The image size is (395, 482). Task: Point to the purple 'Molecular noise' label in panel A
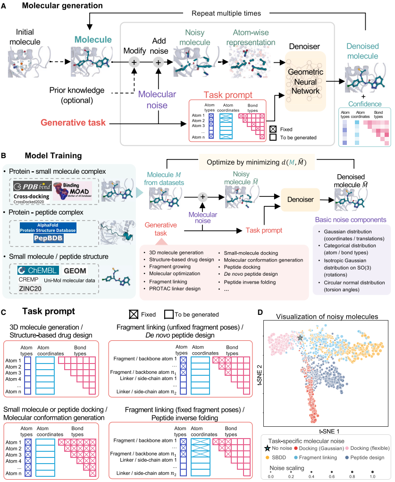click(x=157, y=99)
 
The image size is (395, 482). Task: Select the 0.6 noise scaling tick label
click(x=333, y=476)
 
